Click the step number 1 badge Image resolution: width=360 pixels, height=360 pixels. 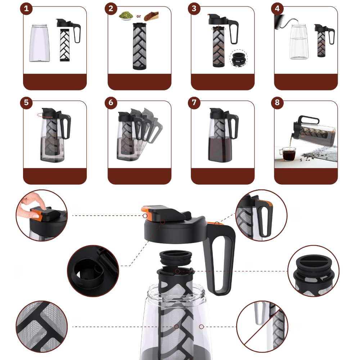26,9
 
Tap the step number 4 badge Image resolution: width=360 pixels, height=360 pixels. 277,9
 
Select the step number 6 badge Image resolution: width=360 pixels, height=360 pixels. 111,102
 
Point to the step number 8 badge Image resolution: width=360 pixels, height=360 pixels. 277,102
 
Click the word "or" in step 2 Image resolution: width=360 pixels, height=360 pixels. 139,16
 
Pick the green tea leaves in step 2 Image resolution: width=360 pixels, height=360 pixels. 126,16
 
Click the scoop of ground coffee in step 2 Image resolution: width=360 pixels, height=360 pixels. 151,16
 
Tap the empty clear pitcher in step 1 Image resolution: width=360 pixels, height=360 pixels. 39,43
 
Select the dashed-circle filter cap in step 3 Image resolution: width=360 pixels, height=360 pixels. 239,58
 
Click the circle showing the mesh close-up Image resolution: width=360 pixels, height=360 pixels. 41,327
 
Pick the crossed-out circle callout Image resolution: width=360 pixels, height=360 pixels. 262,327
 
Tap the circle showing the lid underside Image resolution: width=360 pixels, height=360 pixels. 93,271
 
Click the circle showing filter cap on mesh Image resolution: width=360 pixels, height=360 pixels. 314,271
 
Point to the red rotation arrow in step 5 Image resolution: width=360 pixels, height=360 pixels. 45,115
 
